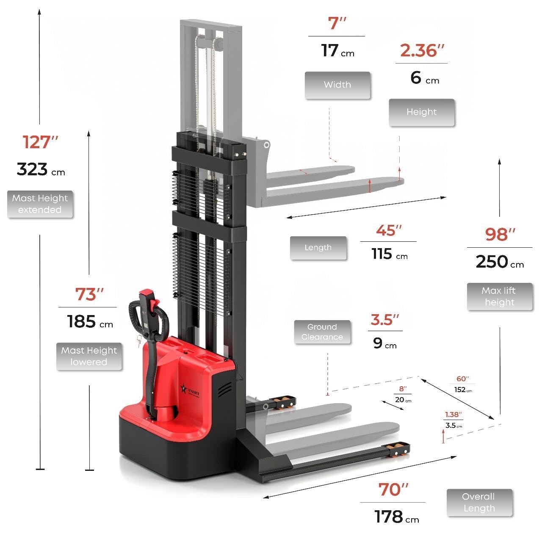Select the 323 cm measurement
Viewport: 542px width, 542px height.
[x=41, y=169]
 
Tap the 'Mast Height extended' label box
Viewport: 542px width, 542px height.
[x=40, y=204]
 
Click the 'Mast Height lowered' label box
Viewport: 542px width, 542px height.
[x=89, y=357]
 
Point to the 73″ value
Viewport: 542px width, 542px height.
[x=89, y=294]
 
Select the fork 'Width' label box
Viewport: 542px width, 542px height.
[x=337, y=85]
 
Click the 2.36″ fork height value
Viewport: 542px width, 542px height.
[x=422, y=50]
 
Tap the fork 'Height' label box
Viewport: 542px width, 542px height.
[x=421, y=113]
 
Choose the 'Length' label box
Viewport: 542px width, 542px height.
[x=318, y=248]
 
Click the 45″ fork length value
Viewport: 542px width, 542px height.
[x=388, y=231]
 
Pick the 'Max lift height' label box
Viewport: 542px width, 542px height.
[x=500, y=297]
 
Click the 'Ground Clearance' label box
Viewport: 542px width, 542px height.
[x=322, y=332]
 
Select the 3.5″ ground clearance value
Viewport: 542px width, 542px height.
[x=385, y=320]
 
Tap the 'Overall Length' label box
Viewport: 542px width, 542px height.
[x=479, y=503]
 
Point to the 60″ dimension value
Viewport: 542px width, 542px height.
[x=462, y=379]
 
